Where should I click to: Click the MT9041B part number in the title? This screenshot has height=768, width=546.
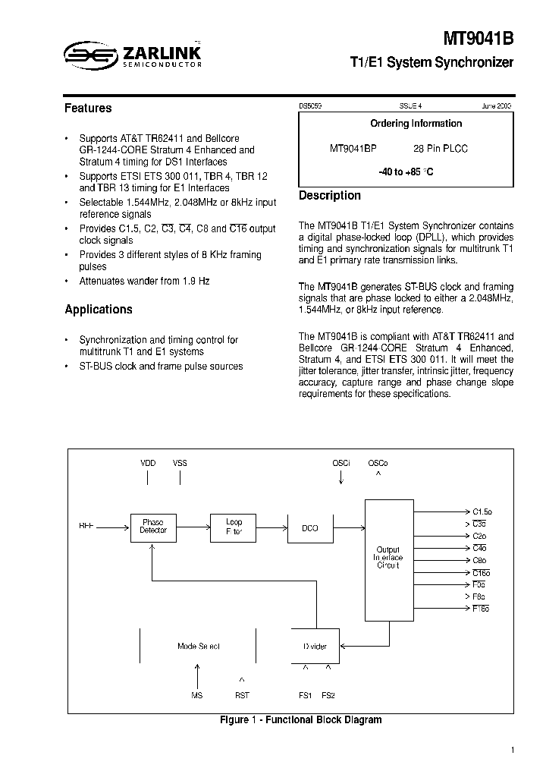[479, 39]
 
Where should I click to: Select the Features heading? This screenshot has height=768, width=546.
[88, 109]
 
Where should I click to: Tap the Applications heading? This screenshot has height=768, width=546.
[99, 310]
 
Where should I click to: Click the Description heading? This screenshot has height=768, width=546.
[330, 196]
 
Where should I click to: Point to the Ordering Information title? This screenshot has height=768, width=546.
[416, 123]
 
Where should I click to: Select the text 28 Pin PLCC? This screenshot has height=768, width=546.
[441, 149]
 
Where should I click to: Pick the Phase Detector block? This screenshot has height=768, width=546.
[153, 527]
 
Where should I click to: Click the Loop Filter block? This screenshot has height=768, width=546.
[234, 527]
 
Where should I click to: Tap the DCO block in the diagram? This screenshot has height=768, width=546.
[310, 527]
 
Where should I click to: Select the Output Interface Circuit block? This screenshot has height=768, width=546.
[388, 558]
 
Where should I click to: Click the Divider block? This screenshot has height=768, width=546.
[315, 647]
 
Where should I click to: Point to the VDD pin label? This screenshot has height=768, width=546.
[148, 463]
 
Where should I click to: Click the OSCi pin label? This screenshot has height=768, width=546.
[341, 463]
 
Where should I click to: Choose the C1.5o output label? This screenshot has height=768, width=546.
[482, 511]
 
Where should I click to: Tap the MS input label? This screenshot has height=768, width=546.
[197, 694]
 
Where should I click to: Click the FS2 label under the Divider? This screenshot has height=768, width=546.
[328, 694]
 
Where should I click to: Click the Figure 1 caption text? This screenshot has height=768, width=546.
[300, 719]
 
